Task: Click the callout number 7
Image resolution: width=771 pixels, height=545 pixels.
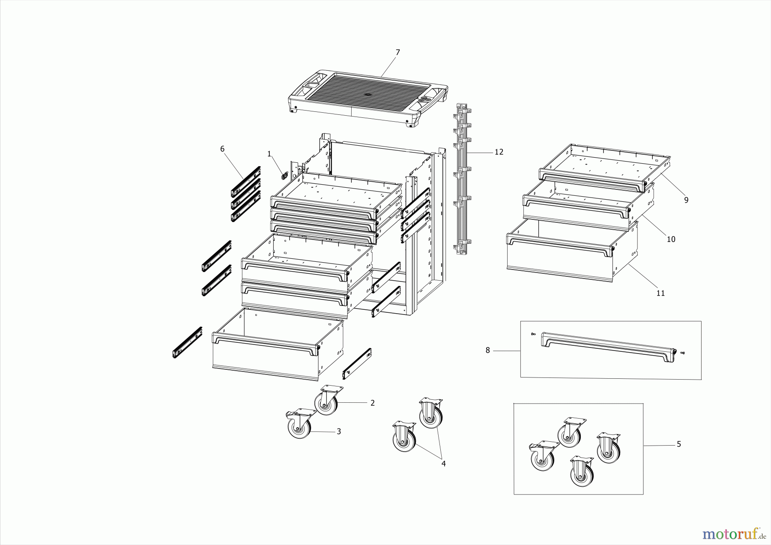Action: tap(397, 52)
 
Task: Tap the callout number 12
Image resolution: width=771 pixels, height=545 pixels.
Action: tap(499, 152)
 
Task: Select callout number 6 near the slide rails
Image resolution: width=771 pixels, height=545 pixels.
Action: tap(222, 149)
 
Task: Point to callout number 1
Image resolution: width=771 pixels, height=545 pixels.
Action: tap(269, 154)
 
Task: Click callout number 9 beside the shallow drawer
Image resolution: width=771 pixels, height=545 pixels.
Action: tap(686, 200)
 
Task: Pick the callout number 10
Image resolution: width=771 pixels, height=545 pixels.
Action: tap(671, 239)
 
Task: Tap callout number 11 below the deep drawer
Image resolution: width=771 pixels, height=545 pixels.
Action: tap(660, 293)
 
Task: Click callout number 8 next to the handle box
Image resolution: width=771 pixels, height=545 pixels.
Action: tap(487, 350)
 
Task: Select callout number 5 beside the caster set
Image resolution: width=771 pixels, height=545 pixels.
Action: tap(679, 444)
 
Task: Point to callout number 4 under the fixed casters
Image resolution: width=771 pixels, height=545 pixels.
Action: tap(443, 464)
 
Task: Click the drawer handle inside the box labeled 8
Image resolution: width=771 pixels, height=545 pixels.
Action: tap(608, 344)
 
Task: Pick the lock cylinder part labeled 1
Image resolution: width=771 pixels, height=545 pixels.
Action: tap(284, 175)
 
